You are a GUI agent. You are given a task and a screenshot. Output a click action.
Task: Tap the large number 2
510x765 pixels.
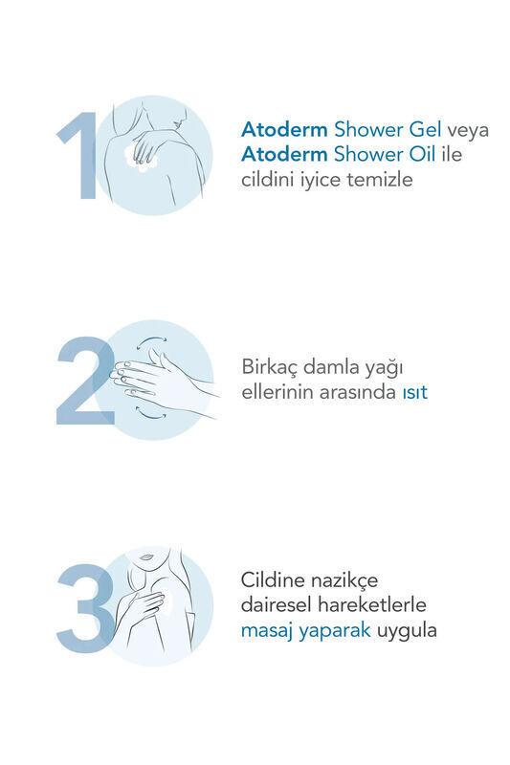86,381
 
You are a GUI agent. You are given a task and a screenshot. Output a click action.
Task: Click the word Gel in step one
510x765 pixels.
425,130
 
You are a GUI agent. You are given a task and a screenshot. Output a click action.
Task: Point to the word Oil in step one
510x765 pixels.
422,155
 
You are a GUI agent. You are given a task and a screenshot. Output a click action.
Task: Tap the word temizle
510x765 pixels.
380,180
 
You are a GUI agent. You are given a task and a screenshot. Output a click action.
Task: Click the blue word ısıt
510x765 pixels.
415,392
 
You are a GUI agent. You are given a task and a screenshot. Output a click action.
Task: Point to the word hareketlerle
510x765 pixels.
372,605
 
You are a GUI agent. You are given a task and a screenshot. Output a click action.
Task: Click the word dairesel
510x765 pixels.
277,605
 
